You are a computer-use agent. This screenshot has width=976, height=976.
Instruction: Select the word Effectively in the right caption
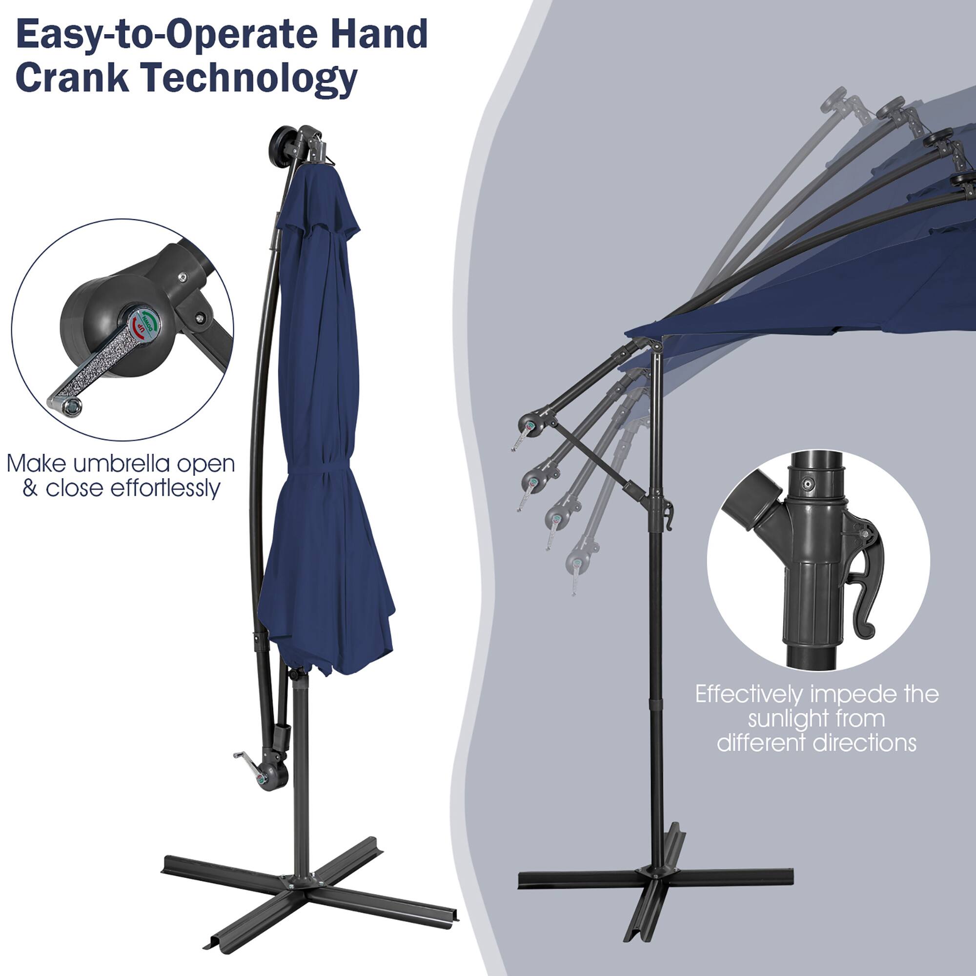[748, 694]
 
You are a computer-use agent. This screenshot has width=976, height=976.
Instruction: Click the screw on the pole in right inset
[809, 484]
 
